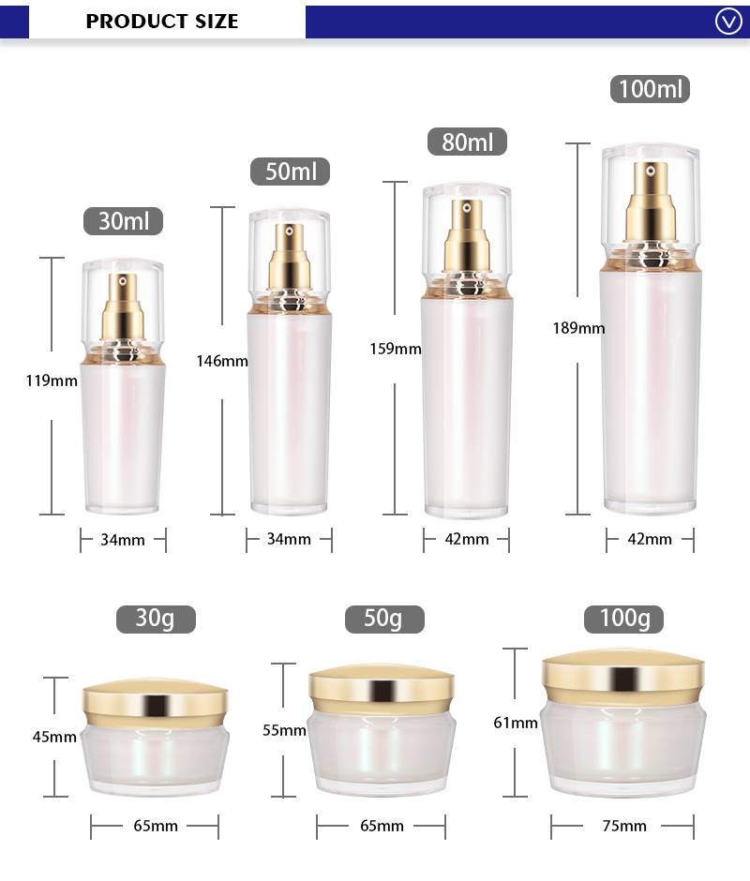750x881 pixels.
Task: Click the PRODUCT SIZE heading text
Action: [x=162, y=21]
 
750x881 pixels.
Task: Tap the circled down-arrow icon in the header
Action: [x=728, y=21]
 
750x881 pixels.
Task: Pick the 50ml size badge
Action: [x=291, y=172]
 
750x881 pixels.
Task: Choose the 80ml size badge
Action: [x=467, y=142]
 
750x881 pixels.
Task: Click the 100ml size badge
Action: [x=652, y=89]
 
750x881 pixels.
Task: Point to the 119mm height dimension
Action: [x=52, y=381]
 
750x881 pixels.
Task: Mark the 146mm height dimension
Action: [x=222, y=360]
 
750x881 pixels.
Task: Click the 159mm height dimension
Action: [x=396, y=349]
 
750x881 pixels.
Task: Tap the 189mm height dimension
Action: [x=578, y=328]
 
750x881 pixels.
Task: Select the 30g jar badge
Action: [x=156, y=619]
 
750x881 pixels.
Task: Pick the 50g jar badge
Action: [x=383, y=619]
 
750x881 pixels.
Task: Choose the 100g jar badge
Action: [x=623, y=619]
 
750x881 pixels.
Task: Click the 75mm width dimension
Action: [x=623, y=826]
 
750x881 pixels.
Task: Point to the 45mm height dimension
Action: [x=54, y=737]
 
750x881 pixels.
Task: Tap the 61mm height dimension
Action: [x=516, y=723]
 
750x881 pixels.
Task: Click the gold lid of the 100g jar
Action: [x=623, y=674]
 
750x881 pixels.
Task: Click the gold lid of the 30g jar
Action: [x=156, y=702]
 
